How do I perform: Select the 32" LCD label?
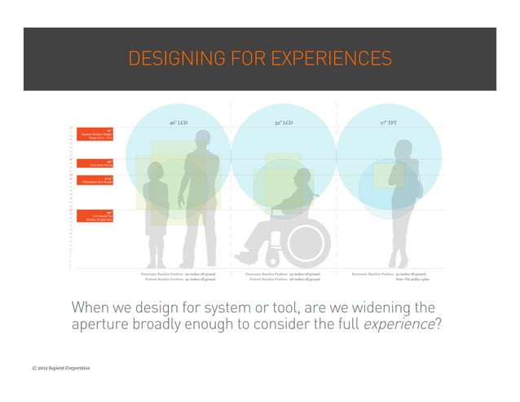pos(284,122)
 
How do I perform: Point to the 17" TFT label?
pos(389,122)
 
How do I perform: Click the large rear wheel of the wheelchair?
pos(305,241)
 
